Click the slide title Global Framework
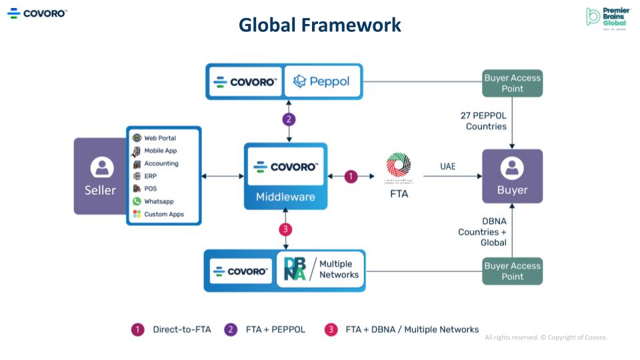pyautogui.click(x=320, y=25)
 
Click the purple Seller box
pyautogui.click(x=101, y=176)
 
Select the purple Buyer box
pyautogui.click(x=512, y=176)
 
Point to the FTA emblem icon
pyautogui.click(x=399, y=167)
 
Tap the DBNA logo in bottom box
pyautogui.click(x=295, y=269)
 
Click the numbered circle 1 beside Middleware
pyautogui.click(x=351, y=176)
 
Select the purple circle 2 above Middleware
pyautogui.click(x=288, y=120)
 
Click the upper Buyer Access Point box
pyautogui.click(x=512, y=83)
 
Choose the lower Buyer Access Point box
pyautogui.click(x=512, y=271)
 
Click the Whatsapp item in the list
pyautogui.click(x=158, y=201)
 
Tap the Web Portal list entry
pyautogui.click(x=159, y=138)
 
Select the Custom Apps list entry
pyautogui.click(x=163, y=214)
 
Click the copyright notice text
pyautogui.click(x=545, y=337)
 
